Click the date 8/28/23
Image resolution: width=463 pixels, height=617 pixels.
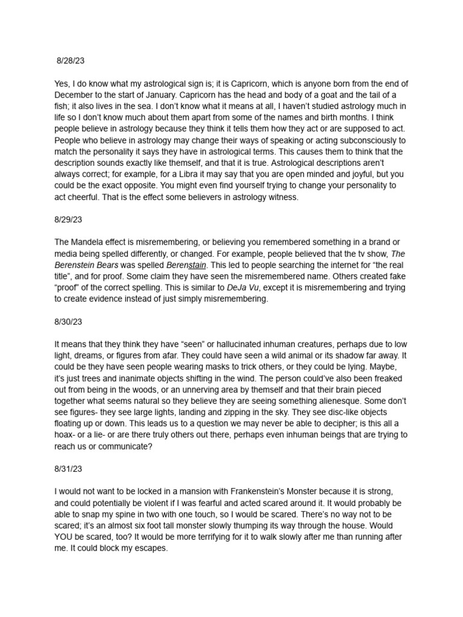click(x=71, y=61)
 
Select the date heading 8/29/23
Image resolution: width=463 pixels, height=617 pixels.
click(x=68, y=221)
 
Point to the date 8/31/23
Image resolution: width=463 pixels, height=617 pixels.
click(x=68, y=467)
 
